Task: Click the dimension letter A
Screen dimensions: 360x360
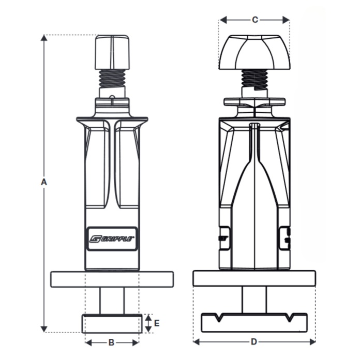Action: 44,182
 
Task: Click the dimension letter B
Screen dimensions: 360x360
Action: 111,342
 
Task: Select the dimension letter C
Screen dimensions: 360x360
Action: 254,20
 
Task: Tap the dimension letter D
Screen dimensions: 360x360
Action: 254,342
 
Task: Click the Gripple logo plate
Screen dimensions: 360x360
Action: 112,238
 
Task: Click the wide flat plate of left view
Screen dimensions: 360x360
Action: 112,279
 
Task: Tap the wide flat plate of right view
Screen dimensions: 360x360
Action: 254,278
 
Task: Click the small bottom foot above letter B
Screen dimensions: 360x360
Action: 112,323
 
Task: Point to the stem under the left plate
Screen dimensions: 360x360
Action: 112,301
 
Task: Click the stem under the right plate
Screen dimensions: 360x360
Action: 254,299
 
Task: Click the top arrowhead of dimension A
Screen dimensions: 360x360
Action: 44,38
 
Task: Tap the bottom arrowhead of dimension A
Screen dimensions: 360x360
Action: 44,329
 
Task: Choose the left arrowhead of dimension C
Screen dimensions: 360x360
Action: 222,20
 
